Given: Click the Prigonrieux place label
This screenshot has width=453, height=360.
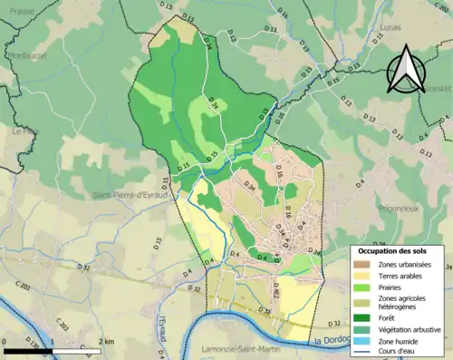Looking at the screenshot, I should point(383,207).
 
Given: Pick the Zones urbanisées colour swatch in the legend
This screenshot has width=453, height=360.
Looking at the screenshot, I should point(364,266).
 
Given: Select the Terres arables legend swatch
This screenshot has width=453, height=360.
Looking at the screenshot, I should point(364,278).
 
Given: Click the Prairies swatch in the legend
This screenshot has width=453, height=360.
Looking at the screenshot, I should point(364,291).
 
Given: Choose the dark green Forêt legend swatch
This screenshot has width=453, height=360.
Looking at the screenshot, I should point(364,316).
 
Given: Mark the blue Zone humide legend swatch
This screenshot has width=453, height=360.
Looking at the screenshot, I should point(364,342).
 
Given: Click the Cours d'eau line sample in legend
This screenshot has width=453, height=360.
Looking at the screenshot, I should point(364,354).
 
